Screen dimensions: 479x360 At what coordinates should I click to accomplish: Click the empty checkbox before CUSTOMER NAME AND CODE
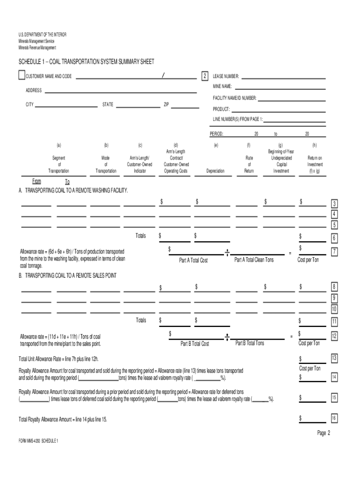point(22,75)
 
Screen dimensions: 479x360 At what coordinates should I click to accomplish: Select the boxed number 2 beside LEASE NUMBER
point(204,76)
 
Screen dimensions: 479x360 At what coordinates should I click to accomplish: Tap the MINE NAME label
point(223,87)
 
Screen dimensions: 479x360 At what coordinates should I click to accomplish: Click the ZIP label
point(166,104)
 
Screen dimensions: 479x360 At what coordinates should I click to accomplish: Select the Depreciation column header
point(216,171)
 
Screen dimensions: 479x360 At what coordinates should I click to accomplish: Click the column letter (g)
point(280,145)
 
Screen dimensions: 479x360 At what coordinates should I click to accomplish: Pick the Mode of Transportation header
point(106,165)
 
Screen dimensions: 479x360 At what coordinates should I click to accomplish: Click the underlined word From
point(36,181)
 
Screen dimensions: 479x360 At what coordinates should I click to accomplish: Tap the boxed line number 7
point(334,252)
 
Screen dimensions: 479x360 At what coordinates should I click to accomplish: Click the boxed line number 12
point(334,336)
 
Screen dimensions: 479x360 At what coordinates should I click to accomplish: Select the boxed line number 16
point(334,418)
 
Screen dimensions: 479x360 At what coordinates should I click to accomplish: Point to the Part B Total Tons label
point(250,343)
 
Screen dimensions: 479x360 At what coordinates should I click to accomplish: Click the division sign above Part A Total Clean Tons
point(227,253)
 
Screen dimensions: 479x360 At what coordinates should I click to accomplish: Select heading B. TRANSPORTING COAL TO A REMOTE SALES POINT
point(67,276)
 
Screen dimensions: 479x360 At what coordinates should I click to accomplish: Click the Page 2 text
point(324,433)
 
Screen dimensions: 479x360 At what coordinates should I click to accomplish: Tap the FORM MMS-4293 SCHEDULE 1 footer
point(38,441)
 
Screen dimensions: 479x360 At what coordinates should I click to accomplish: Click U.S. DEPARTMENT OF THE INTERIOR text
point(43,35)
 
